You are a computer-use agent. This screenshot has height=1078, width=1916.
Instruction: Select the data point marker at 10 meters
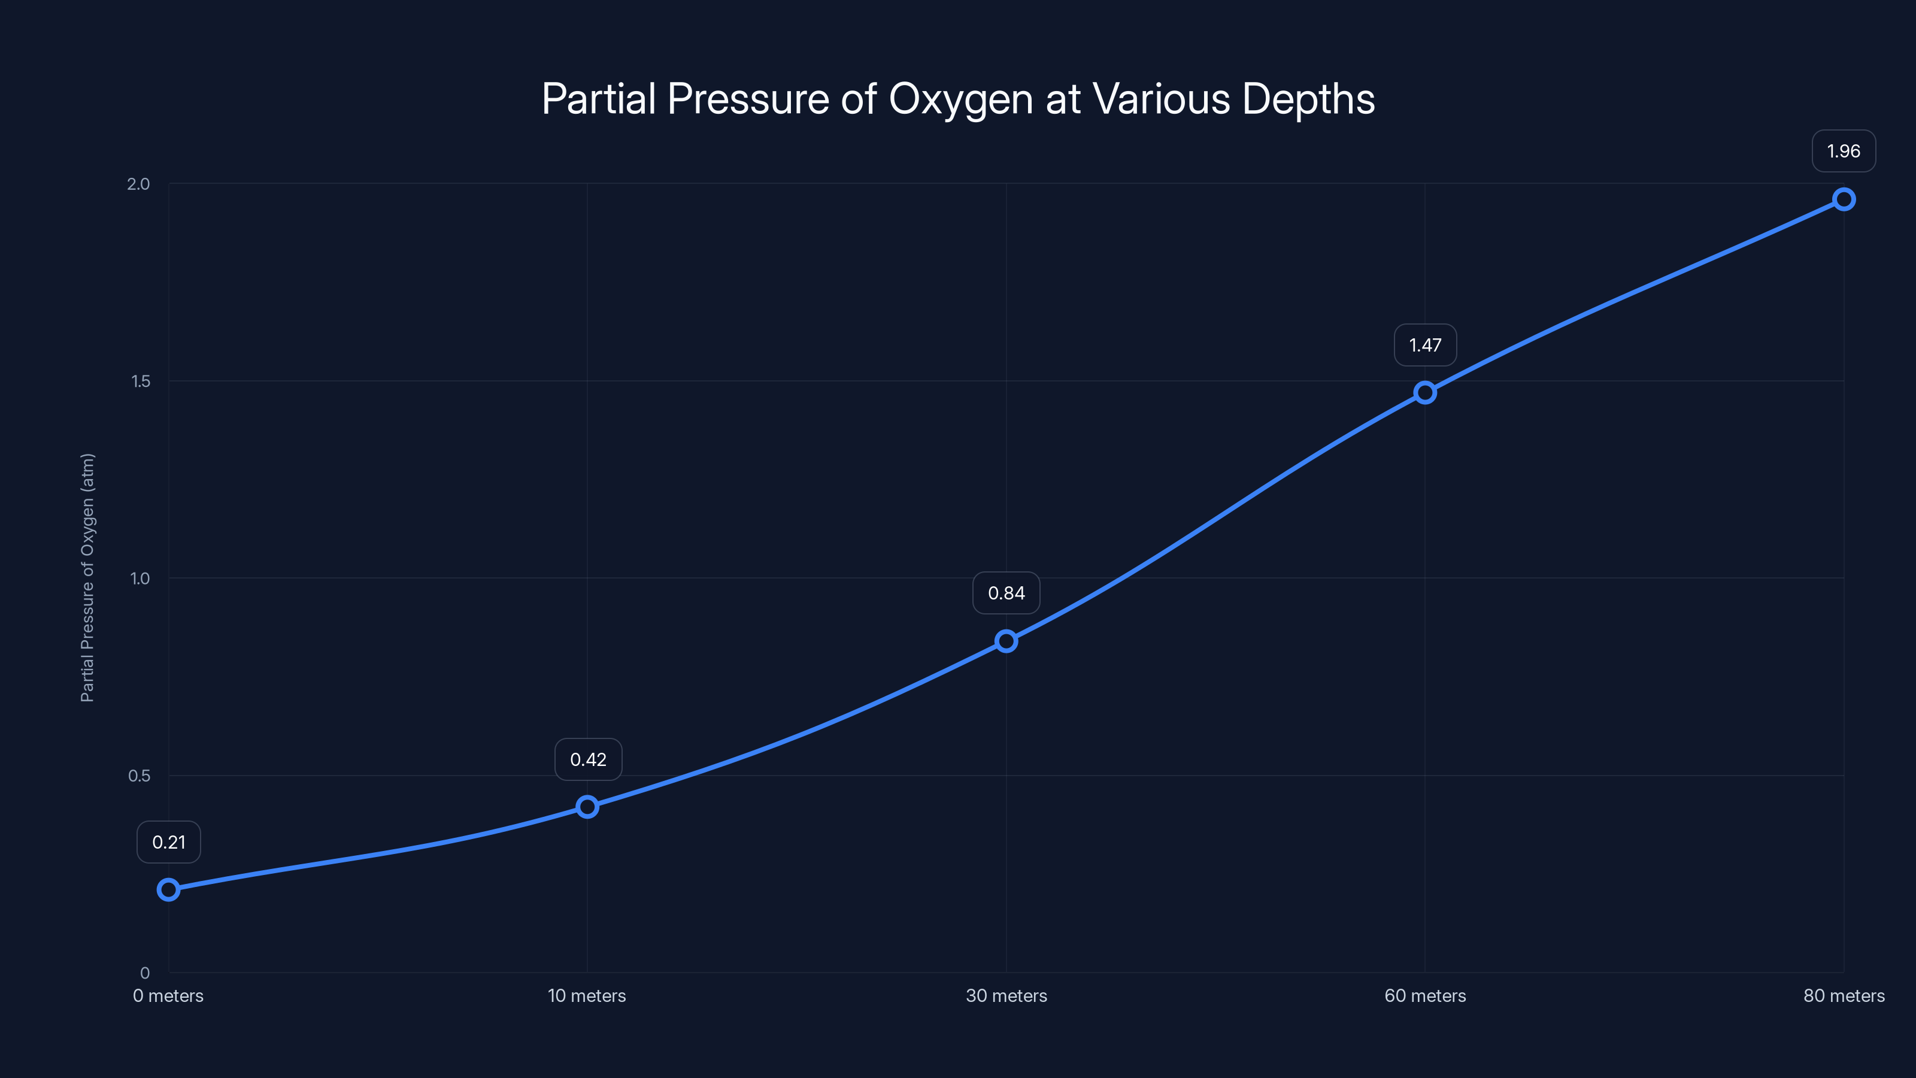coord(587,807)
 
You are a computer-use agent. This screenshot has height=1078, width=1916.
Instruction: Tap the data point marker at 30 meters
coord(1006,641)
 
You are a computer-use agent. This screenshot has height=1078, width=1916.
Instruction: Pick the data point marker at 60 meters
coord(1425,392)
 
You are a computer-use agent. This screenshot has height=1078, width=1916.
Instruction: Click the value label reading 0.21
coord(169,842)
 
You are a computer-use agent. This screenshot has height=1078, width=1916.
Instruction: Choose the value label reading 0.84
coord(1006,593)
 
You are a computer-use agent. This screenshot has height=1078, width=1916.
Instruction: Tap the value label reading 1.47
coord(1425,345)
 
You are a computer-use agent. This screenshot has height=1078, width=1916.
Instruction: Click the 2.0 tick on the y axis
coord(138,184)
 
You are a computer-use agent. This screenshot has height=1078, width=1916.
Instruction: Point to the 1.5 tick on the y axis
coord(141,381)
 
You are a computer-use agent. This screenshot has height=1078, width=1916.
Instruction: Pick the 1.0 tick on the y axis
coord(140,578)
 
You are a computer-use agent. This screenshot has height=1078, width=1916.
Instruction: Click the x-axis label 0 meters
coord(168,995)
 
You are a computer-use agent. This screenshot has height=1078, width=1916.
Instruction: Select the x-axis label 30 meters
coord(1006,995)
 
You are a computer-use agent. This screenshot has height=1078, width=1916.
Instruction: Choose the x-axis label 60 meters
coord(1425,995)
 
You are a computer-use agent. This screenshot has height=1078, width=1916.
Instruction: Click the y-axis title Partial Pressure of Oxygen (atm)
coord(88,577)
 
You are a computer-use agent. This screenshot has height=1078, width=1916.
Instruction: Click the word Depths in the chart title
coord(1308,99)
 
